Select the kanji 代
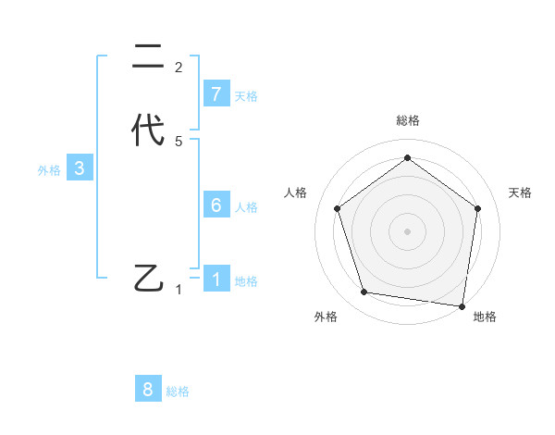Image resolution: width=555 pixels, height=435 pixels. click(148, 130)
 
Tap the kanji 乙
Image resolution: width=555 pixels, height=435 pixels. click(149, 278)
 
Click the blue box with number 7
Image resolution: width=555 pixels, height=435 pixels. click(216, 94)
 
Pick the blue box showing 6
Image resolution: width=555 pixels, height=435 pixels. click(216, 205)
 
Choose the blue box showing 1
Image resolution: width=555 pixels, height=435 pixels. click(216, 279)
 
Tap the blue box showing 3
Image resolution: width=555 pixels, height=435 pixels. click(80, 168)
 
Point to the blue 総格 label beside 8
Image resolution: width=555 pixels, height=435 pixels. click(178, 391)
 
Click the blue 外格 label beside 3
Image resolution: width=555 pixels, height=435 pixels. click(48, 170)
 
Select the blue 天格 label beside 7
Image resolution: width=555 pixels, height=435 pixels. click(246, 96)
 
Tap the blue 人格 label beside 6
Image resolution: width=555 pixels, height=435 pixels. click(246, 207)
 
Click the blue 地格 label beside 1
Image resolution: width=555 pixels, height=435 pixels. click(246, 280)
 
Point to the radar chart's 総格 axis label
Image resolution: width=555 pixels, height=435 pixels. click(407, 120)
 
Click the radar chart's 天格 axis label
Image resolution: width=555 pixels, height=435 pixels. click(520, 193)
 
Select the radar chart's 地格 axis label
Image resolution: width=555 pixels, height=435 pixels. click(485, 317)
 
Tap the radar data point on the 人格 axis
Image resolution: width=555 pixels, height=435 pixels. click(337, 208)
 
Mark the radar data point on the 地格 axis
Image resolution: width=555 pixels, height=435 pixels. click(462, 305)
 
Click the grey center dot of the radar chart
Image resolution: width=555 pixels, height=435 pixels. click(407, 230)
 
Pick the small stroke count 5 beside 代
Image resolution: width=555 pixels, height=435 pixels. click(179, 142)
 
